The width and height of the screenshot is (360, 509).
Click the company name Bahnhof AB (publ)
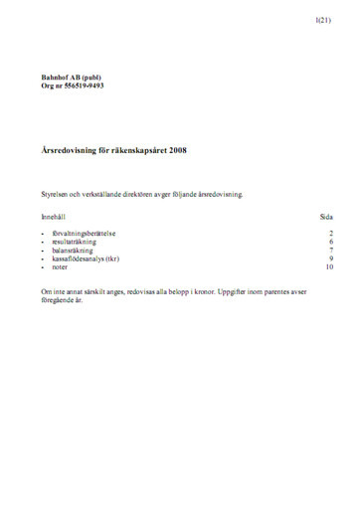71,78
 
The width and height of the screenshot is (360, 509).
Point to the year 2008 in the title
176,151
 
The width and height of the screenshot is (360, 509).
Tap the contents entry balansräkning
75,251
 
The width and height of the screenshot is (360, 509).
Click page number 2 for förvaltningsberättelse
330,234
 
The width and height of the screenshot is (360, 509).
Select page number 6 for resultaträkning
330,242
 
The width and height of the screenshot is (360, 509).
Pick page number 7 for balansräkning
330,251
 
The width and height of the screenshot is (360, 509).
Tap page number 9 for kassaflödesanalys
330,258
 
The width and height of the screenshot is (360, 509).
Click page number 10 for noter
328,267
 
